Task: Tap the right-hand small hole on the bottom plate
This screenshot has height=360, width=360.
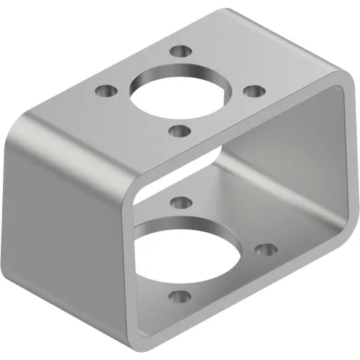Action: (263, 250)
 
